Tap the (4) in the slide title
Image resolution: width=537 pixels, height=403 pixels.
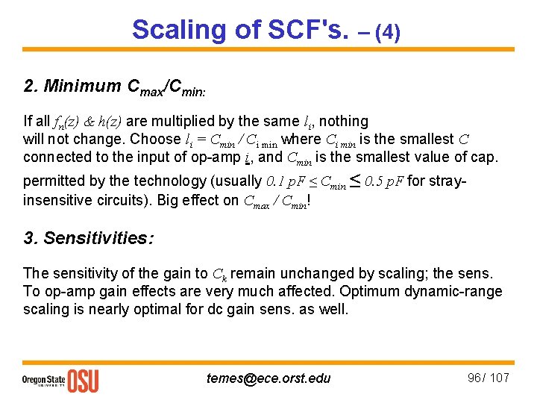(x=388, y=32)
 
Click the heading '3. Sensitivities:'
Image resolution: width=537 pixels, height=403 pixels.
(x=89, y=238)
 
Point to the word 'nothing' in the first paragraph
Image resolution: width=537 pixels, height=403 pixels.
(x=342, y=121)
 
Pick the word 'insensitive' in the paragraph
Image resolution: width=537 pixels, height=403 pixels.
(x=56, y=199)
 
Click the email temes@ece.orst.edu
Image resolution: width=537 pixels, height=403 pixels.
(x=268, y=378)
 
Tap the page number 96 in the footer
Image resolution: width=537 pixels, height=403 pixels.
(x=474, y=378)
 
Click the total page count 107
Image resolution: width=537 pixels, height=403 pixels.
(x=500, y=378)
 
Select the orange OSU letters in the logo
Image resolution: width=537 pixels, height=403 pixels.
(x=84, y=381)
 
